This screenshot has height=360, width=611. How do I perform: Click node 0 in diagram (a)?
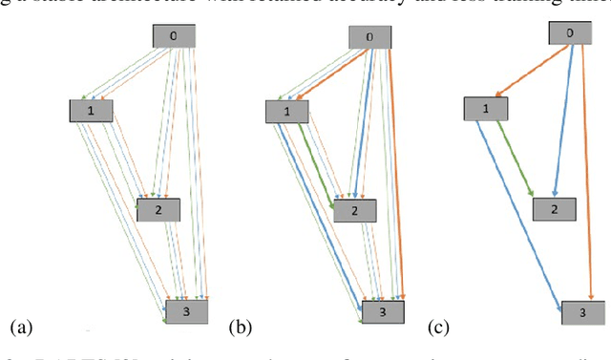click(175, 36)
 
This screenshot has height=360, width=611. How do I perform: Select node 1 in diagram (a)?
click(91, 110)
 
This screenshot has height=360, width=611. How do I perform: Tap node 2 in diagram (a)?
click(158, 210)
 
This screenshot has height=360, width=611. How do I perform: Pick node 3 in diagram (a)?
click(187, 310)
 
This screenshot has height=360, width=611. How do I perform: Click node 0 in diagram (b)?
click(369, 37)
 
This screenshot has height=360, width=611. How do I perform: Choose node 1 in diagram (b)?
click(285, 113)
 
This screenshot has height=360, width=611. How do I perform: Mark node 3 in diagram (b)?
click(382, 311)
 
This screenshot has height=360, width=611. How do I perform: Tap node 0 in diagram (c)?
click(571, 33)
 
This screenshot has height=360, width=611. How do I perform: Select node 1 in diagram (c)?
click(487, 107)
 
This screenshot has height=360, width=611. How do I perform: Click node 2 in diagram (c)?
click(555, 208)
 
